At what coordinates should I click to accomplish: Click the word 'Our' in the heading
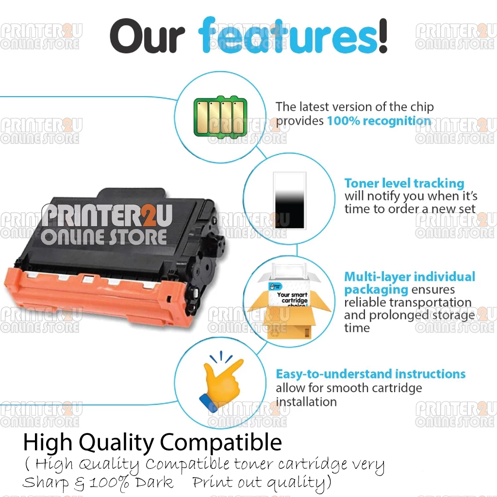tap(148, 36)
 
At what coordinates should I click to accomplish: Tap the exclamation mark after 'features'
tap(383, 35)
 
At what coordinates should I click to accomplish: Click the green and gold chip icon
tap(220, 116)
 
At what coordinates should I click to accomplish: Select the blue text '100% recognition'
tap(379, 121)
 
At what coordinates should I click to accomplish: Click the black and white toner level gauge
tap(289, 200)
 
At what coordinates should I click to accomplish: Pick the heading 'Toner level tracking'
tap(404, 183)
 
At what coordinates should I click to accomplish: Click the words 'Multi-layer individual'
tap(410, 277)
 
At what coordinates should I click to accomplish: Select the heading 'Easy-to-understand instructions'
tap(370, 374)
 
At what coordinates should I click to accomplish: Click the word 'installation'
tap(306, 402)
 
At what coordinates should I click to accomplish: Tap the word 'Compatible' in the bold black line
tap(221, 443)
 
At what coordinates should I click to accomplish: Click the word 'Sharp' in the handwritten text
tap(45, 483)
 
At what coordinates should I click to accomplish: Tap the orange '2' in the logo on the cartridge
tap(148, 215)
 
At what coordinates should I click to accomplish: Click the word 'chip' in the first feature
tap(422, 107)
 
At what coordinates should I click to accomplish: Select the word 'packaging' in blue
tap(376, 290)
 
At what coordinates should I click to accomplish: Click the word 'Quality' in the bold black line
tap(116, 443)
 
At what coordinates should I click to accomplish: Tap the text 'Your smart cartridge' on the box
tap(292, 298)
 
